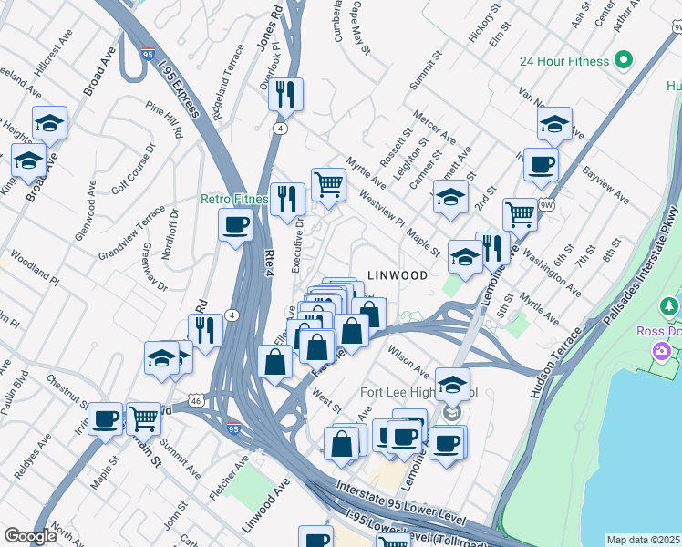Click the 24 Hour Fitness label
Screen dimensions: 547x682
(563, 61)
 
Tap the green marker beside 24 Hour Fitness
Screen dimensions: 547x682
(624, 61)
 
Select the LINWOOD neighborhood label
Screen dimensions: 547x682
(398, 274)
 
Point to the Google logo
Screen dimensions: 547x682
(30, 536)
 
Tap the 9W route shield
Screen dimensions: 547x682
(545, 204)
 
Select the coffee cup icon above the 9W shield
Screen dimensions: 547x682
(541, 164)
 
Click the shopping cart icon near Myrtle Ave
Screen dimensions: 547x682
(328, 184)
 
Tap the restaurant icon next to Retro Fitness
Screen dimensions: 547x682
(287, 198)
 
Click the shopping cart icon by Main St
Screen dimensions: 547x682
(143, 418)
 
